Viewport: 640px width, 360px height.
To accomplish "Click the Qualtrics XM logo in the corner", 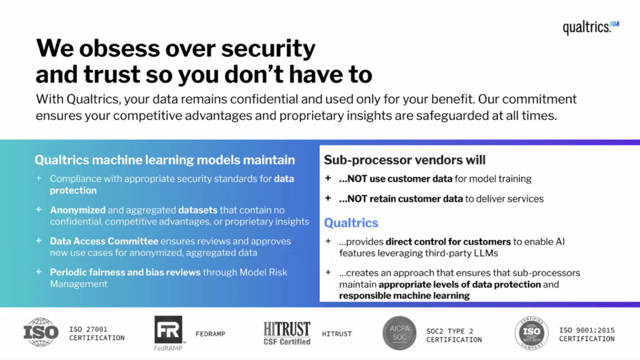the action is [591, 27].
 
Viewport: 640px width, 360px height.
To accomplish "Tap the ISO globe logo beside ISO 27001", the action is [41, 332].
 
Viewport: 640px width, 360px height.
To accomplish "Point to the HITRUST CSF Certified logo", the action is [286, 334].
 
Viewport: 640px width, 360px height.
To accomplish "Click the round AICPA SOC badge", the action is [399, 333].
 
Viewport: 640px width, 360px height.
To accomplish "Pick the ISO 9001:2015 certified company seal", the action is [531, 333].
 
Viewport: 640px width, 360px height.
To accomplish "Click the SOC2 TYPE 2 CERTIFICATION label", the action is [454, 336].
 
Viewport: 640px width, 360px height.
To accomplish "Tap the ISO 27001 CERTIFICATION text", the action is [97, 334].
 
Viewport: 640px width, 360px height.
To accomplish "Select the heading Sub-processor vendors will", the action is [404, 160].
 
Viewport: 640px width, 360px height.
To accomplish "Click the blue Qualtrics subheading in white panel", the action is [351, 223].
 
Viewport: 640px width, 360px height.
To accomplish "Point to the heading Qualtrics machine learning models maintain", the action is [164, 160].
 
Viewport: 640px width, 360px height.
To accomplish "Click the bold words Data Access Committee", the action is [104, 241].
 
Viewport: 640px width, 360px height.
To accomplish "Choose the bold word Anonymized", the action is [77, 210].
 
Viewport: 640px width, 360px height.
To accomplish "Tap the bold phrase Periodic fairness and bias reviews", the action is [125, 272].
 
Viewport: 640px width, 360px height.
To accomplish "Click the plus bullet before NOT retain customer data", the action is [327, 198].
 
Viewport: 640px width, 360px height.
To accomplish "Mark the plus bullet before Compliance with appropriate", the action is [39, 178].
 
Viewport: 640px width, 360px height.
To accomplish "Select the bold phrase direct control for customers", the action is [448, 242].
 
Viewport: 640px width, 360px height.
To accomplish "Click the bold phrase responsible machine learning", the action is [404, 296].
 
